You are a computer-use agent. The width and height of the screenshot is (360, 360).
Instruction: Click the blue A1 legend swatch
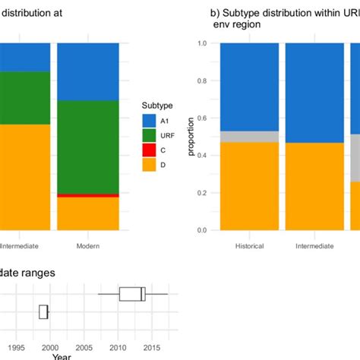tap(149, 120)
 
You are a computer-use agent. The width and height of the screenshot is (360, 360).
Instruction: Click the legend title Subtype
tap(156, 106)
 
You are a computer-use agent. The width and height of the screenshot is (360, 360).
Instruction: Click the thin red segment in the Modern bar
tap(88, 195)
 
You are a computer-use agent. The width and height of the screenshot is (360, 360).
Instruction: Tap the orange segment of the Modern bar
tap(88, 213)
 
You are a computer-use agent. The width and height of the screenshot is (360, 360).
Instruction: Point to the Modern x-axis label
tap(88, 246)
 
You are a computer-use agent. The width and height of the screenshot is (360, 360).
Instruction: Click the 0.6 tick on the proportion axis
tap(202, 118)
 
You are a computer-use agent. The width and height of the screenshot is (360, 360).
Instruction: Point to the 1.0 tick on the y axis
tap(202, 43)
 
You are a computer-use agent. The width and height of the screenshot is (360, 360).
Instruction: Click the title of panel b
tap(281, 18)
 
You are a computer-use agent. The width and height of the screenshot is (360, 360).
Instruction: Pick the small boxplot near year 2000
tap(44, 311)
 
